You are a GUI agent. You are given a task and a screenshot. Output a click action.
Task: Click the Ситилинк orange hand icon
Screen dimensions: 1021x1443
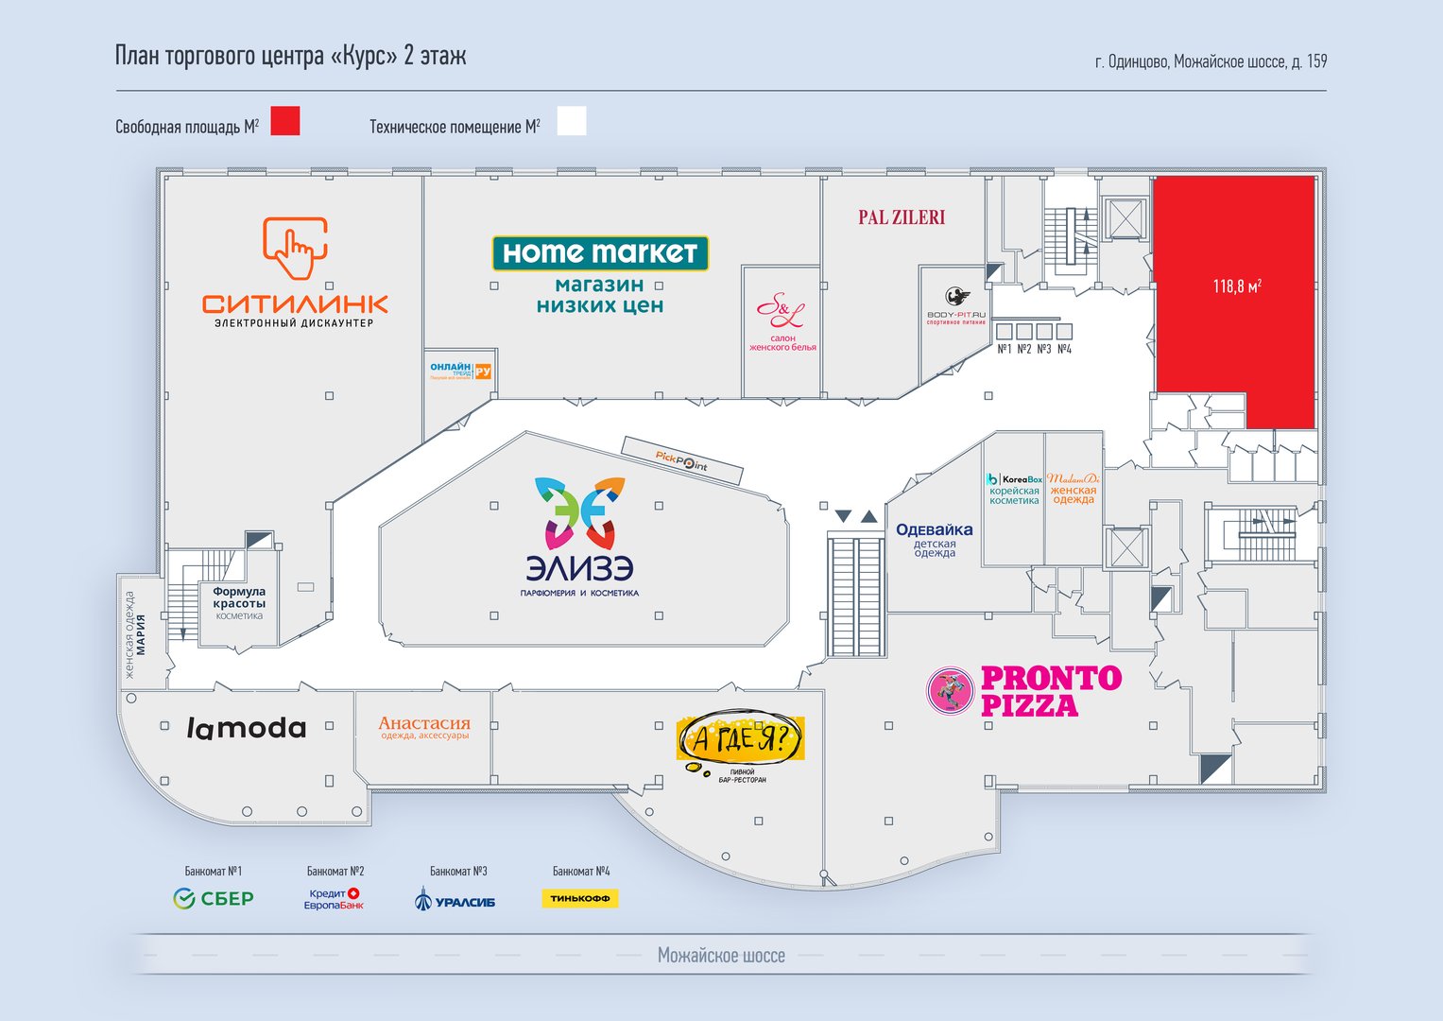[295, 248]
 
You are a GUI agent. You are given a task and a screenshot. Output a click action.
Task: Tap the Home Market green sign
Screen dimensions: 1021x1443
[600, 253]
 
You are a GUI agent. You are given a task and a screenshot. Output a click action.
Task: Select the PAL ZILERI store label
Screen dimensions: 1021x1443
[901, 217]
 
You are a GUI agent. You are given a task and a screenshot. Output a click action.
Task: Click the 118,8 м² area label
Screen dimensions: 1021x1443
[1237, 286]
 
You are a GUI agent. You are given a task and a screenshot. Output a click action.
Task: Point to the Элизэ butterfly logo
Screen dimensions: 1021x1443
[578, 513]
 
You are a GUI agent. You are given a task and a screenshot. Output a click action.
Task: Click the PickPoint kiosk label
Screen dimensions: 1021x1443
[681, 460]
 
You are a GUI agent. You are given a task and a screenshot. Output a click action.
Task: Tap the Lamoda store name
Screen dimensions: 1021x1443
[247, 728]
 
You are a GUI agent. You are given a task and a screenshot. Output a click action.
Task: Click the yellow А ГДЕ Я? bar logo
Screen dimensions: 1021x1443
[741, 740]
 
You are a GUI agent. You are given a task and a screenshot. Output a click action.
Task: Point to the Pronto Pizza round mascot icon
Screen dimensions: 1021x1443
[950, 690]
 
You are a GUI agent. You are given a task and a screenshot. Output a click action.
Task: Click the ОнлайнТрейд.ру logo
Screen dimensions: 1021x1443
[460, 371]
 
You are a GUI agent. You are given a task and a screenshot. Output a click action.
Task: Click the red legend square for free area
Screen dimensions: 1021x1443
[285, 121]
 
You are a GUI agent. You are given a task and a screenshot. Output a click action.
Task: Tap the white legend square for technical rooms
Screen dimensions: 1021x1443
[571, 121]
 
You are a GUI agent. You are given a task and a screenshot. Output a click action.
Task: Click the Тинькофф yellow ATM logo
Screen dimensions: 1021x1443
[579, 898]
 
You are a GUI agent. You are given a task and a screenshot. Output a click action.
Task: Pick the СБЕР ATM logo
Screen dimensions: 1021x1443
[214, 898]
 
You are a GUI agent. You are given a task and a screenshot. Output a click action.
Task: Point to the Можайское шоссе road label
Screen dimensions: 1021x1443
[721, 956]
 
